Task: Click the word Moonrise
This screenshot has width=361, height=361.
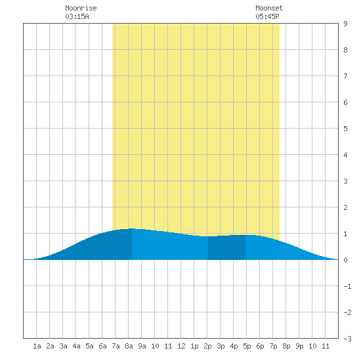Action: pyautogui.click(x=81, y=8)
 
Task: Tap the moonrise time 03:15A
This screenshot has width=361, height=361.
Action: pyautogui.click(x=77, y=16)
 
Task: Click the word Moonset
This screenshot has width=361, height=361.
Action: pyautogui.click(x=269, y=8)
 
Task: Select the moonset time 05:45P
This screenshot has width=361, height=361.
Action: pyautogui.click(x=267, y=16)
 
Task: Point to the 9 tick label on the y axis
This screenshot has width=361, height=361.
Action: pyautogui.click(x=345, y=24)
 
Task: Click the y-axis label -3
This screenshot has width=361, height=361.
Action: pyautogui.click(x=347, y=339)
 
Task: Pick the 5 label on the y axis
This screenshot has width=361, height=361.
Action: pyautogui.click(x=345, y=129)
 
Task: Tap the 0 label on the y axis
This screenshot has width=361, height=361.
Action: pyautogui.click(x=345, y=260)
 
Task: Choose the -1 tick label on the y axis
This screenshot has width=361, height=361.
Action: pyautogui.click(x=347, y=286)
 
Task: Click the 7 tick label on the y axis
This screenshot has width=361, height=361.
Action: pyautogui.click(x=345, y=76)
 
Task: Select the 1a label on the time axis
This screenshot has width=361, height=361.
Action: pyautogui.click(x=37, y=346)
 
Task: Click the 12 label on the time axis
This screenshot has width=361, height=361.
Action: pyautogui.click(x=181, y=346)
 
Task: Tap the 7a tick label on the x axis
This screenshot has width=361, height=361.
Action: pyautogui.click(x=116, y=346)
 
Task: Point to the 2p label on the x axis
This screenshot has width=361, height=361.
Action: pyautogui.click(x=207, y=346)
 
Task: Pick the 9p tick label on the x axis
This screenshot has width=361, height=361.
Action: pyautogui.click(x=299, y=346)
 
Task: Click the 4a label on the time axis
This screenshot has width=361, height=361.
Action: pyautogui.click(x=76, y=346)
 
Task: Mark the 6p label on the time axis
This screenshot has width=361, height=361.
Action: pyautogui.click(x=260, y=346)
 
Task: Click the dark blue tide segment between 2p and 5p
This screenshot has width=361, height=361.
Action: pyautogui.click(x=227, y=247)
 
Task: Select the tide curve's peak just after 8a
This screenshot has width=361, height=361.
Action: pyautogui.click(x=132, y=228)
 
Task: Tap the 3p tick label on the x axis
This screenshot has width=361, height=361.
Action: pyautogui.click(x=221, y=346)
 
